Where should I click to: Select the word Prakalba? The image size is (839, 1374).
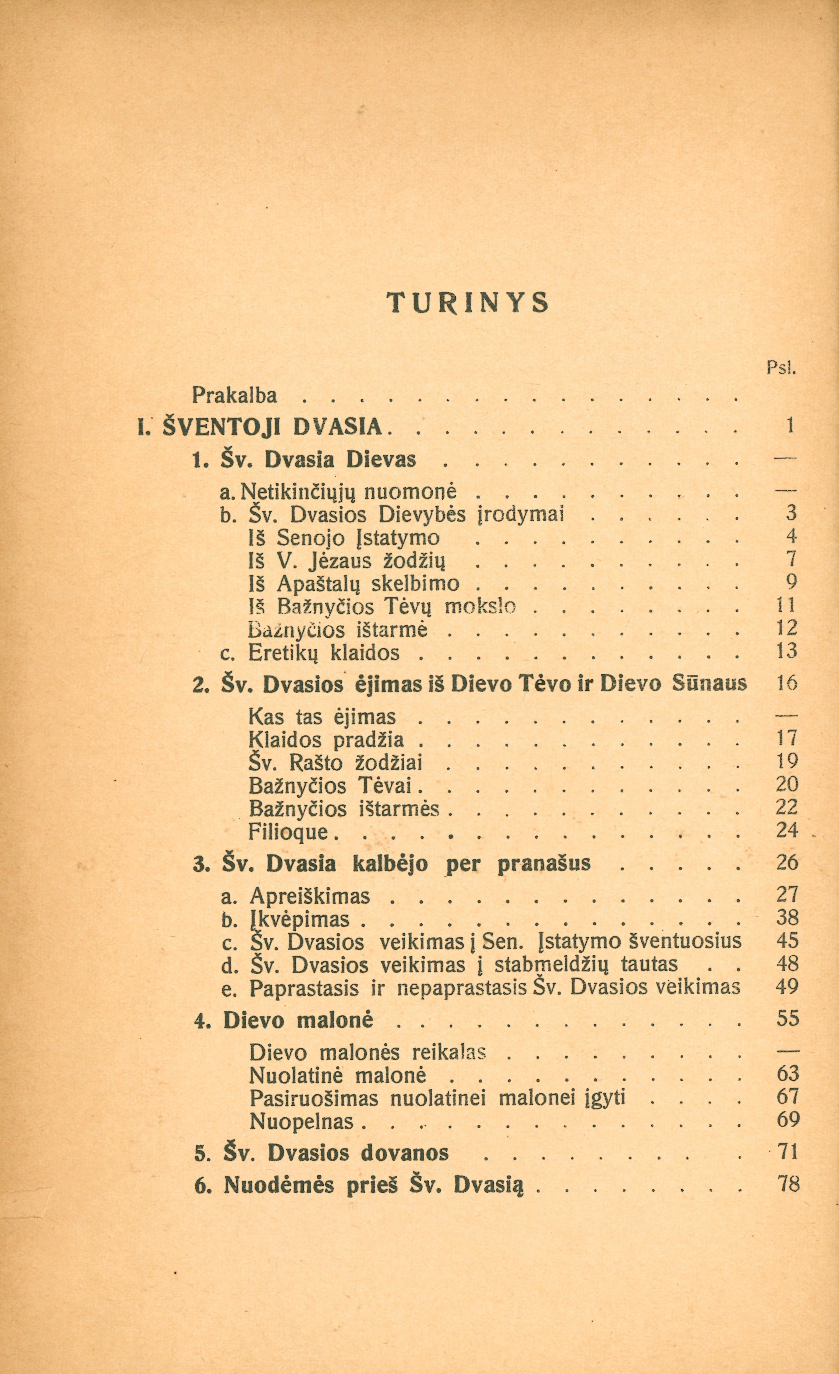(x=234, y=395)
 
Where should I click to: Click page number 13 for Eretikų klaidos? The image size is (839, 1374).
(x=787, y=651)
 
